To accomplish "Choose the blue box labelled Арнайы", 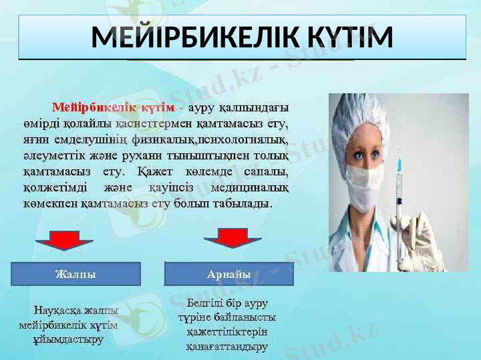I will (229, 274).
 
